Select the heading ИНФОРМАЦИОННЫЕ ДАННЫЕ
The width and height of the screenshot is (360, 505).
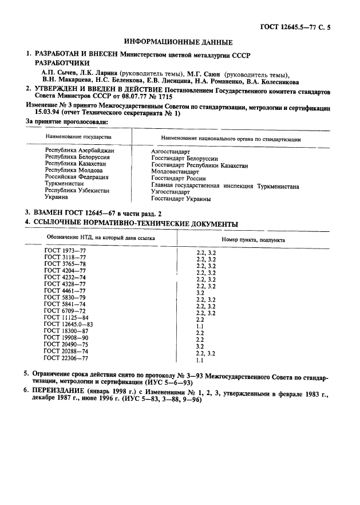point(179,42)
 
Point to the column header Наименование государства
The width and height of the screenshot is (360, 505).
point(74,137)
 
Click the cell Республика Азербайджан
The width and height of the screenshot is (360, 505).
point(80,150)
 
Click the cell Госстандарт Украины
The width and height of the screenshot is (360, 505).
point(181,199)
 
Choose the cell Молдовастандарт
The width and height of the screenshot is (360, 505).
point(175,172)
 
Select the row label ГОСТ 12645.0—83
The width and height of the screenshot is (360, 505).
point(68,324)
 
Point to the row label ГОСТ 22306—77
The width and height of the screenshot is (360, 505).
point(66,358)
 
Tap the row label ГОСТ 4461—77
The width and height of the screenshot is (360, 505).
point(65,291)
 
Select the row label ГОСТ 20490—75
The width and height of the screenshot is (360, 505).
point(66,345)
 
